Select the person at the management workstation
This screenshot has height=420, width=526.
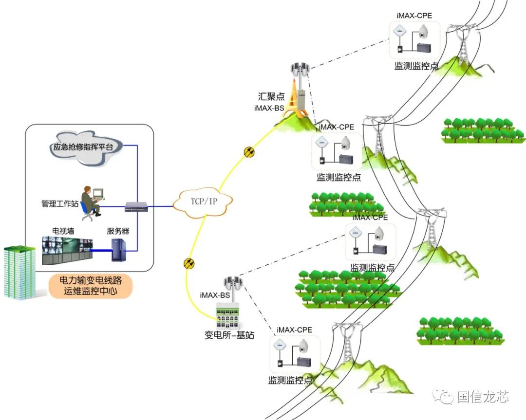coord(90,199)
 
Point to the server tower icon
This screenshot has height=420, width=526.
coord(120,249)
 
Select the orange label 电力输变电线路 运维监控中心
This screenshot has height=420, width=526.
coord(91,287)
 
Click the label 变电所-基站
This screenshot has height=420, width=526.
coord(229,335)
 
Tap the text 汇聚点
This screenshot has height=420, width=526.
coord(271,96)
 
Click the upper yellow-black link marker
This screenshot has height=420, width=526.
coord(249,152)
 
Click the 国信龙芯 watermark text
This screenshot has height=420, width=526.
coord(483,397)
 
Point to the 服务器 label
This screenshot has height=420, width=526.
coord(118,231)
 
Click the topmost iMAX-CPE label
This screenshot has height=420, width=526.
coord(414,16)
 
